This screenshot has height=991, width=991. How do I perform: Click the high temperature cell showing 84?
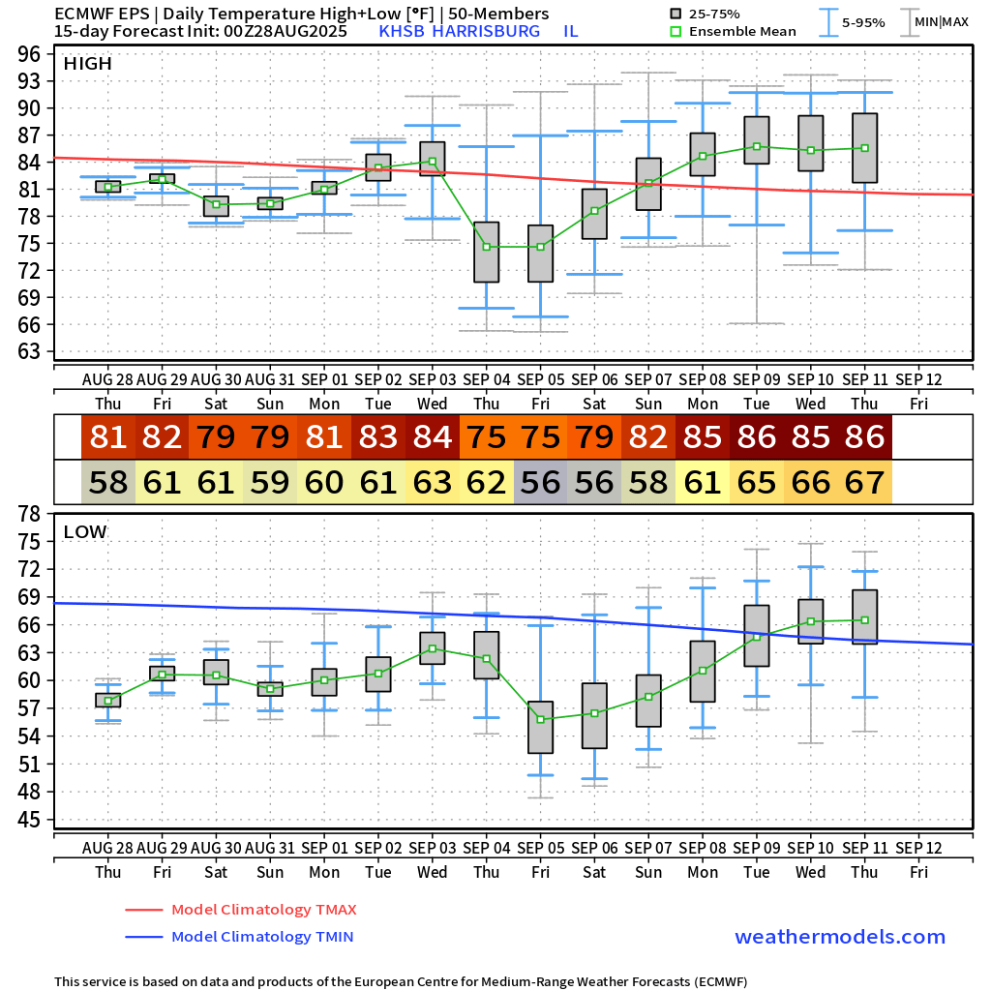(433, 437)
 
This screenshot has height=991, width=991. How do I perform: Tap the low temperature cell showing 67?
(864, 483)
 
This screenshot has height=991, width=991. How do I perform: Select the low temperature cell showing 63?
(433, 483)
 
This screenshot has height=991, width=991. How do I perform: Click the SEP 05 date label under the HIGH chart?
(540, 379)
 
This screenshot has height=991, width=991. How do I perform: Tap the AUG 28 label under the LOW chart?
(107, 848)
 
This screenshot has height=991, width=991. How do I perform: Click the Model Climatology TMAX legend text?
(263, 910)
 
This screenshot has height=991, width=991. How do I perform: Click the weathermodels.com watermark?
(839, 937)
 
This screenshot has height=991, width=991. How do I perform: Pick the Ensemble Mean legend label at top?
(742, 31)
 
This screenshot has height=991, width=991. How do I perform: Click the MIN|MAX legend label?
(941, 21)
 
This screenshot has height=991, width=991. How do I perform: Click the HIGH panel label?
(87, 64)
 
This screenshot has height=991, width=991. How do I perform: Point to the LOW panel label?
(85, 531)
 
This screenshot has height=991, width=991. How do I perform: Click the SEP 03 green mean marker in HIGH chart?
(432, 162)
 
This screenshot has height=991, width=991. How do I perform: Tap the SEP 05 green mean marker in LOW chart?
(540, 719)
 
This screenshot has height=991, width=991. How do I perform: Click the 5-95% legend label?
(863, 21)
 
